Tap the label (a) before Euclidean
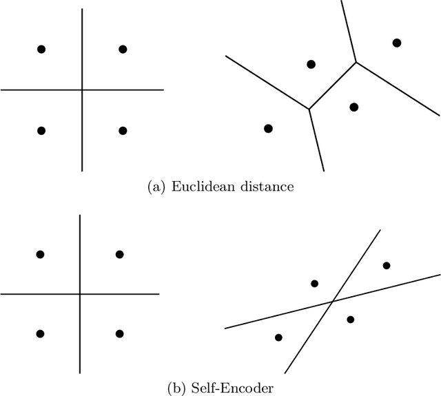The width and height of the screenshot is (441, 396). [156, 187]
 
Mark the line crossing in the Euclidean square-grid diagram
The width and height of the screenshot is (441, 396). [82, 90]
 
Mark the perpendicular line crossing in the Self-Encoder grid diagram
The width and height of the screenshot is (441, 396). [80, 294]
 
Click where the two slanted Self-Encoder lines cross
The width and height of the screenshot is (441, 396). [334, 301]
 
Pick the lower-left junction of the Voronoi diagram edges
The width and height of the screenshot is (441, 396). [309, 108]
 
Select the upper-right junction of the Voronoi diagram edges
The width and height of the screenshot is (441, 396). [356, 63]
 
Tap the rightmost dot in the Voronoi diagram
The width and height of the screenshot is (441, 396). [396, 43]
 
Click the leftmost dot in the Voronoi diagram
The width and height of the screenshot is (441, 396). [268, 128]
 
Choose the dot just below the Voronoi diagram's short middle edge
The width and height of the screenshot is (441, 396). [353, 107]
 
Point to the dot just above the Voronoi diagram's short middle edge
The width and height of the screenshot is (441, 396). [311, 64]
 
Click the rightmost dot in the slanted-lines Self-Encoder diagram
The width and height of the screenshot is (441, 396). [387, 265]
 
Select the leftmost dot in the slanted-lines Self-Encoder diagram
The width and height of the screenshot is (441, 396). [278, 337]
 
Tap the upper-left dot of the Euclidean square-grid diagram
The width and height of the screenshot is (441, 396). [41, 49]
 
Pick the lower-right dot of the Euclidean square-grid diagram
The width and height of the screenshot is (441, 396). [123, 130]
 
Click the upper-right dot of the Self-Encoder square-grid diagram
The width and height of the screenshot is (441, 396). [119, 254]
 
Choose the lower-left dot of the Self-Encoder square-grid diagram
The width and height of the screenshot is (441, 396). [40, 333]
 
